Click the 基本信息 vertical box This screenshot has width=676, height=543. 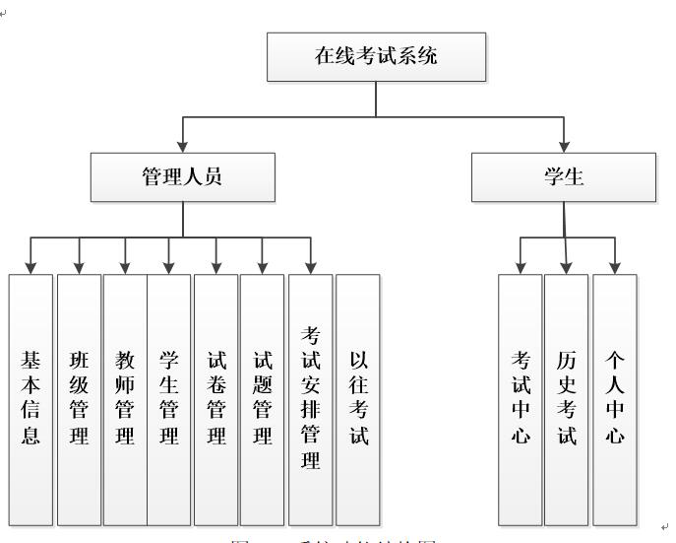(31, 398)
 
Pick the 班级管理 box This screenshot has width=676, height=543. (79, 398)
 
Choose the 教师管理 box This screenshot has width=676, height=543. (125, 398)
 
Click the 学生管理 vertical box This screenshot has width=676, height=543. (169, 398)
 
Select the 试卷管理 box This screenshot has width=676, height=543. (215, 398)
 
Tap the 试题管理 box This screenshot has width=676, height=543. (262, 398)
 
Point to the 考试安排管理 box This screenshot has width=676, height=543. (310, 398)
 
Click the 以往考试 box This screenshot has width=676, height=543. (357, 398)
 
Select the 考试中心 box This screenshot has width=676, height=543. (521, 398)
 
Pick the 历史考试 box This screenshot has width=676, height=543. (567, 398)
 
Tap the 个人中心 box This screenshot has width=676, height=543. (614, 398)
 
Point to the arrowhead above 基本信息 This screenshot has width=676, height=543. (31, 267)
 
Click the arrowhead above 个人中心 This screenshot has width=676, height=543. (614, 267)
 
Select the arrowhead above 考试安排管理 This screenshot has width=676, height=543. (310, 267)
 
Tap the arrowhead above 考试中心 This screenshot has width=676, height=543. (521, 267)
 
